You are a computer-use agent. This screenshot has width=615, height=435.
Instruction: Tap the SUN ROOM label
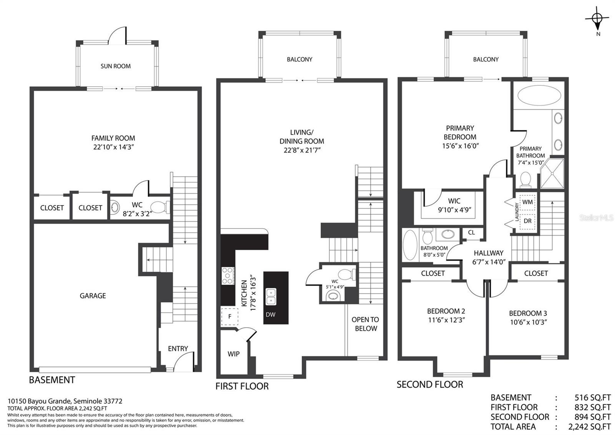tap(116, 66)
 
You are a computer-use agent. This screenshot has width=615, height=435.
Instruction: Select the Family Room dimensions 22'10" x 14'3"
tap(113, 147)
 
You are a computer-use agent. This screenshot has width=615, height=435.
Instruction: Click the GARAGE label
tap(93, 296)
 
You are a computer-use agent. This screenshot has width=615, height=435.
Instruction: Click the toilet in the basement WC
tap(160, 207)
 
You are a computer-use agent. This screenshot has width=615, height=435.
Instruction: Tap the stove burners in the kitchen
tap(228, 276)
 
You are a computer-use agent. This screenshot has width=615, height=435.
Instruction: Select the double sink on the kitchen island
tap(271, 297)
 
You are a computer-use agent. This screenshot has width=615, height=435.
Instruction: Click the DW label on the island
tap(271, 315)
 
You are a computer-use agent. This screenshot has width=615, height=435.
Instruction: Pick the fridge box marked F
tap(229, 316)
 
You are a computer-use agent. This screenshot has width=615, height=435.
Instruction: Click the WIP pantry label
tap(233, 354)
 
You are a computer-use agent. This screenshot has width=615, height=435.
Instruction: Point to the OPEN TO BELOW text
tap(366, 324)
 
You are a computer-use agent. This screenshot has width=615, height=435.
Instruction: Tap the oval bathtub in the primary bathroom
tap(539, 95)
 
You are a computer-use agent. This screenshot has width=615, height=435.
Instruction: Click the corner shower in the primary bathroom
tap(552, 174)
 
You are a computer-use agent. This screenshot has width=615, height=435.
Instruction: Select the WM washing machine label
tap(527, 202)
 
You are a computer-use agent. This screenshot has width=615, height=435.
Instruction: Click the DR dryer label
tap(527, 221)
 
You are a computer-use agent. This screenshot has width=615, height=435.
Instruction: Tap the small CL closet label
tap(471, 233)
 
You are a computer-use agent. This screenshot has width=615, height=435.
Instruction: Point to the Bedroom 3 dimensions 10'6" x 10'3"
tap(529, 322)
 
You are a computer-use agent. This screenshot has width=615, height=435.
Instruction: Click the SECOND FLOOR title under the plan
tap(430, 385)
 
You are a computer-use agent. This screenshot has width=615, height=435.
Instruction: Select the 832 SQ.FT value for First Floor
tap(593, 407)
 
